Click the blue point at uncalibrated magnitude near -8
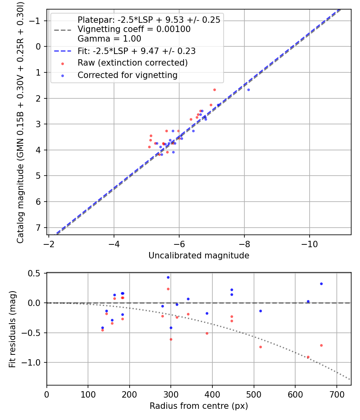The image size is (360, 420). click(248, 90)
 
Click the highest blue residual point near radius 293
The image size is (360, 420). click(168, 277)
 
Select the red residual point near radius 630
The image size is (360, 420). click(308, 357)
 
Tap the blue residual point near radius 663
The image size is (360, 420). click(321, 284)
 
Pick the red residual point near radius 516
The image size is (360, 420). click(260, 347)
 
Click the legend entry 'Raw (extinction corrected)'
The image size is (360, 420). click(132, 63)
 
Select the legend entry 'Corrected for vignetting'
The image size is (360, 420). click(127, 75)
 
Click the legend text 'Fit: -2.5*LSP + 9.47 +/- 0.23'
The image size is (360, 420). click(136, 51)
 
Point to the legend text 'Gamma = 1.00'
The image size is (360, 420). click(109, 39)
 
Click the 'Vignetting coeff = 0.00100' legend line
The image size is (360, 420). click(134, 29)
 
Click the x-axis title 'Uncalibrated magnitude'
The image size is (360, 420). click(199, 256)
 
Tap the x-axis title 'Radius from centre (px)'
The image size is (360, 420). click(199, 406)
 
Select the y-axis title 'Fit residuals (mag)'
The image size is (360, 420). click(12, 329)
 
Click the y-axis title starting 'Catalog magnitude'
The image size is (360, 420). click(20, 122)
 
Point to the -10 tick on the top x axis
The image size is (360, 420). click(309, 244)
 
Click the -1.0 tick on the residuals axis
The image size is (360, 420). click(34, 362)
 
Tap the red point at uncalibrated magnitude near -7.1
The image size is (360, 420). click(214, 90)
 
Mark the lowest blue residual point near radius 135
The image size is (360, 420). click(102, 328)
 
